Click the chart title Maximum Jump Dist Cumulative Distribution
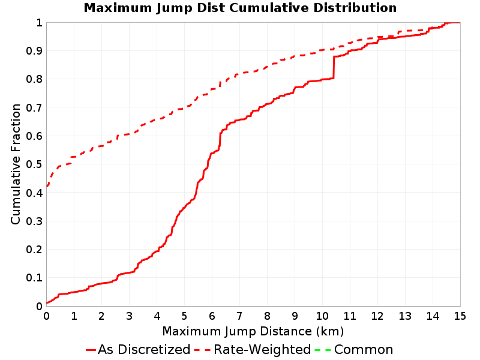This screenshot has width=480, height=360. [240, 8]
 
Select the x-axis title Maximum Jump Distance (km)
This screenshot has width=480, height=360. [253, 331]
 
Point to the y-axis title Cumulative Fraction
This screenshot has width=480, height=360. [16, 164]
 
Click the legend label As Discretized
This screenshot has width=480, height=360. [144, 349]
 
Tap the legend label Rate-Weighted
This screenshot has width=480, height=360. [262, 349]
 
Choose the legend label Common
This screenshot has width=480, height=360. [364, 349]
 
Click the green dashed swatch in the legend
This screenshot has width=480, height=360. [323, 350]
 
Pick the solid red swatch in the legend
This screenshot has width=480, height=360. [91, 350]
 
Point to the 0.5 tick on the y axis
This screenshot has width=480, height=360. [34, 164]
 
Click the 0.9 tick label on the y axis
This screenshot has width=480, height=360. [34, 51]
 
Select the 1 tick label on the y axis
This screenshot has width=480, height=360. [39, 23]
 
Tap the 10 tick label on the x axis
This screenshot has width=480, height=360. [322, 316]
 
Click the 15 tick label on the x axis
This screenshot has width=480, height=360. [460, 316]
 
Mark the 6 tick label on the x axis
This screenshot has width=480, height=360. [212, 316]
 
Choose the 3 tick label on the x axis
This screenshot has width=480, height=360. [129, 316]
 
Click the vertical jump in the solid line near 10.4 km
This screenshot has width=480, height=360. [334, 67]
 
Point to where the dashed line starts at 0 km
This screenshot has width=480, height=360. [47, 186]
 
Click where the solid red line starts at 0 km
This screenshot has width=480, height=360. [47, 303]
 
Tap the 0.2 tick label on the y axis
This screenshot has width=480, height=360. [34, 249]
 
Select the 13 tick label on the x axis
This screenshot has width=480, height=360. [405, 316]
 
